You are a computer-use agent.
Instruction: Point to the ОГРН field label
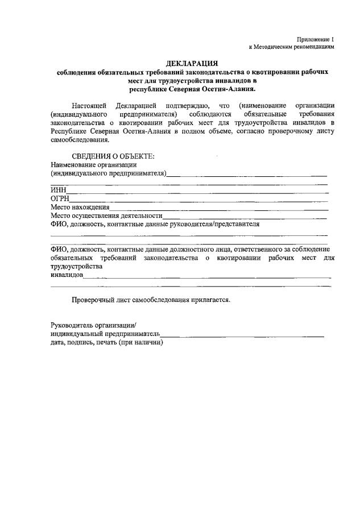tap(60, 199)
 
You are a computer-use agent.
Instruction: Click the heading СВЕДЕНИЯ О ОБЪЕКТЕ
tap(113, 156)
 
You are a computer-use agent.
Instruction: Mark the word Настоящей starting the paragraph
tap(89, 106)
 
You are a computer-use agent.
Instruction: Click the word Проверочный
tap(94, 300)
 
